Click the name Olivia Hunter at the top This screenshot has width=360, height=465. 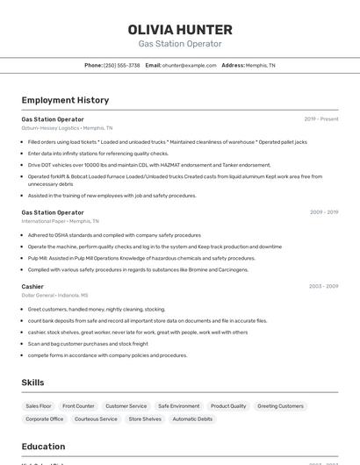[x=180, y=29]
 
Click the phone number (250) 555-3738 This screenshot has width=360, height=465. [x=122, y=65]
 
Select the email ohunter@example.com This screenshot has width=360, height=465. [x=189, y=65]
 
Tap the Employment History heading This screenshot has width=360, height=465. [x=65, y=100]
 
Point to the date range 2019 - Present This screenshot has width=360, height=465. [x=321, y=119]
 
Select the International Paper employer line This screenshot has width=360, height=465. [x=60, y=221]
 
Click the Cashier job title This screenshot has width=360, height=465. [x=32, y=286]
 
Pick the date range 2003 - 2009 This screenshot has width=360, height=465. [x=323, y=286]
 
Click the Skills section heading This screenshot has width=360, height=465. [x=33, y=383]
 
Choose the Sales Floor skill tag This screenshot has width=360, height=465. [x=39, y=406]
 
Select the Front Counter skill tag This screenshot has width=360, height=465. [x=78, y=406]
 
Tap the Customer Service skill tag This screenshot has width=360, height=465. [x=126, y=406]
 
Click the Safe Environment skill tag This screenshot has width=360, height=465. [x=178, y=406]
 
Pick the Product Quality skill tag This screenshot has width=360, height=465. [x=228, y=406]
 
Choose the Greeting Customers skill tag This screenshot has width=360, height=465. [x=280, y=406]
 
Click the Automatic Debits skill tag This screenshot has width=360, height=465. [x=192, y=419]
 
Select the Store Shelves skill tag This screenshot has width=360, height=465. [x=145, y=419]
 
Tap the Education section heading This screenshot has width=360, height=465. [x=43, y=447]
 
